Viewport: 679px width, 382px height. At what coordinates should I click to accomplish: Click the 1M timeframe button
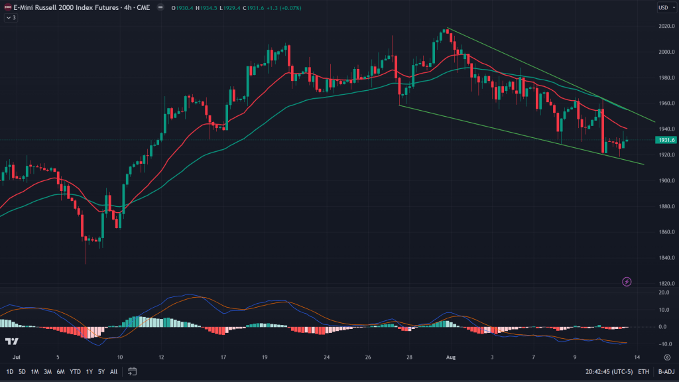[34, 371]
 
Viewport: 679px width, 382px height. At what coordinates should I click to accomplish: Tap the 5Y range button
[101, 371]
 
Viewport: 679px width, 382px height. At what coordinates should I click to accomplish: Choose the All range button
[114, 371]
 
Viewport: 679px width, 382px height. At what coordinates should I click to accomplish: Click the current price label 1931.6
[665, 140]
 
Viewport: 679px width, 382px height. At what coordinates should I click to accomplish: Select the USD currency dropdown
[664, 7]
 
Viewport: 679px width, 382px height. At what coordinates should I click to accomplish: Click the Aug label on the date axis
[451, 357]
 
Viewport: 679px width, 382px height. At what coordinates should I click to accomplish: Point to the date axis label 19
[265, 357]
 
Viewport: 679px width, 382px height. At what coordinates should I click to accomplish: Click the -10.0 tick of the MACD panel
[662, 344]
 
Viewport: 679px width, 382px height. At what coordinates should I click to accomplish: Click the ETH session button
[643, 371]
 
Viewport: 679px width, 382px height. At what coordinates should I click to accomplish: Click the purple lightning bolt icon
[627, 282]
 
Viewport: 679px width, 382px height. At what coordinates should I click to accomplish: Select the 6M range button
[60, 371]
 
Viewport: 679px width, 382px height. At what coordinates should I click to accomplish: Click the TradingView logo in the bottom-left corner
[11, 341]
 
